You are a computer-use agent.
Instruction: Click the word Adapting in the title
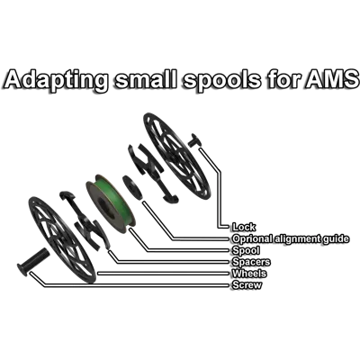click(56, 80)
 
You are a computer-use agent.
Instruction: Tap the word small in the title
click(146, 78)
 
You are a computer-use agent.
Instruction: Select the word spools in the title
click(222, 80)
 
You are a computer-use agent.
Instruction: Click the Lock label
click(244, 227)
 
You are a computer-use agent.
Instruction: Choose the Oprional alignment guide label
click(291, 238)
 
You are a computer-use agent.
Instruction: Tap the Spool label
click(246, 250)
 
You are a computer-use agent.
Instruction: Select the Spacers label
click(251, 262)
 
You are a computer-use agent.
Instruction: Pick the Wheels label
click(249, 274)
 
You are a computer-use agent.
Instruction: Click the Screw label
click(247, 284)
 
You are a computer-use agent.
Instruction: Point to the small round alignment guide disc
click(132, 188)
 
